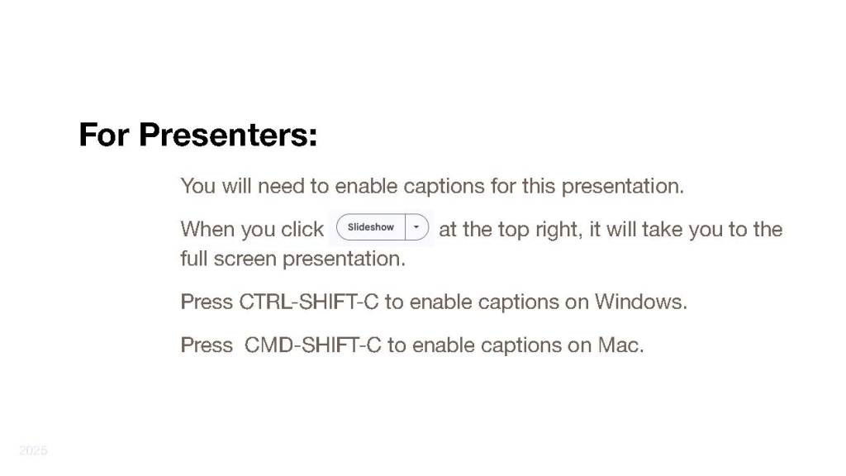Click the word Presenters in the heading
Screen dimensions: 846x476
point(228,135)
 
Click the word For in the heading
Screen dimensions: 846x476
point(104,135)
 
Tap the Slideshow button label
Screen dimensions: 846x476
point(371,227)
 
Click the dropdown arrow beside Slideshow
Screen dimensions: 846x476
point(416,227)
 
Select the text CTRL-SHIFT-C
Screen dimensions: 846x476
point(309,302)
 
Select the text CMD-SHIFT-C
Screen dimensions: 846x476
point(313,345)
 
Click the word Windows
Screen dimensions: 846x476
point(641,302)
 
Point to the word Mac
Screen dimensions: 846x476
point(621,345)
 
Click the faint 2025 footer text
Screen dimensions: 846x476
point(33,450)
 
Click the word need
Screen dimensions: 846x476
point(281,186)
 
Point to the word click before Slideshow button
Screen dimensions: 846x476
point(302,230)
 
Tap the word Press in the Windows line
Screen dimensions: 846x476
point(207,302)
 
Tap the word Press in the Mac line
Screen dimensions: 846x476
point(207,345)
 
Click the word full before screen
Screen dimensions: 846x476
point(194,259)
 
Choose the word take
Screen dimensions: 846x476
point(662,230)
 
